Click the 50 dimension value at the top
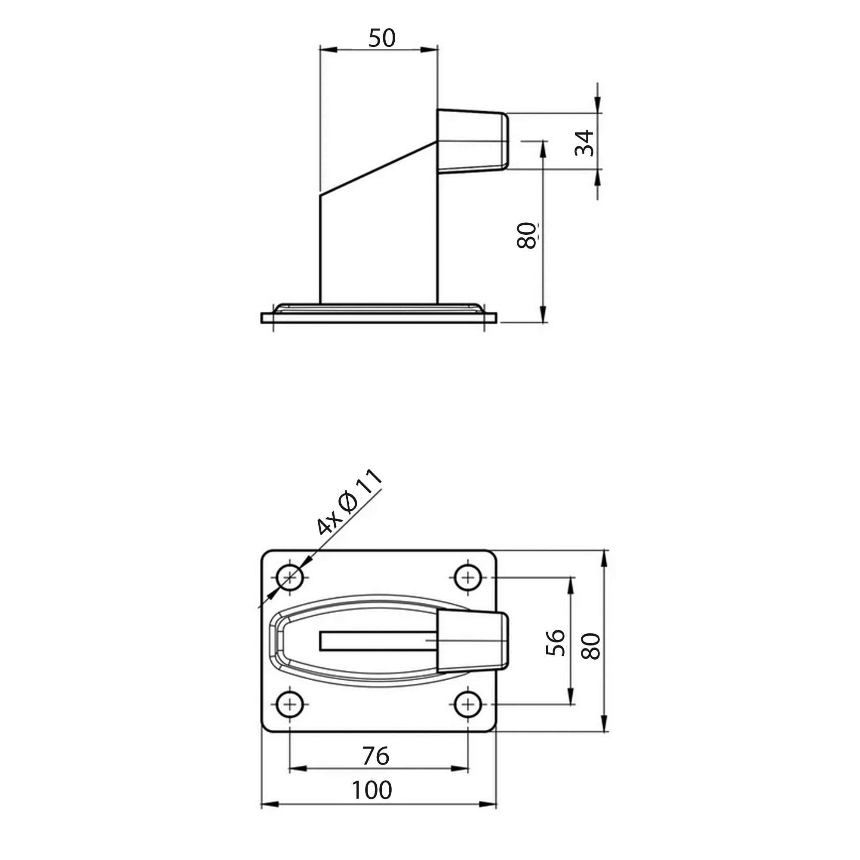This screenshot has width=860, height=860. pyautogui.click(x=382, y=38)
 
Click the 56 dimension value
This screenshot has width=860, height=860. pyautogui.click(x=555, y=643)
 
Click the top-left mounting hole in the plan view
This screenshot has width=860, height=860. pyautogui.click(x=290, y=578)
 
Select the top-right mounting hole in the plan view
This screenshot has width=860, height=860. pyautogui.click(x=468, y=578)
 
